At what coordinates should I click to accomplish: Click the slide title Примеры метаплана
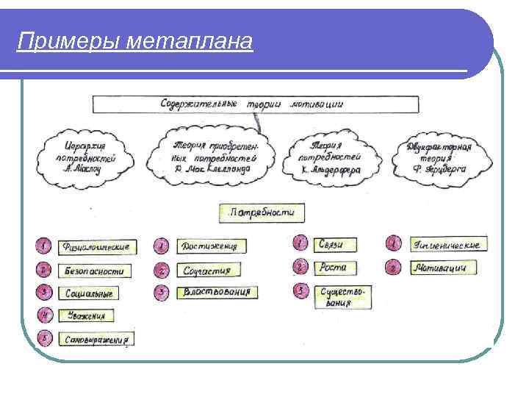[x=135, y=41]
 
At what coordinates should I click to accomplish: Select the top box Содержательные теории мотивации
[x=251, y=104]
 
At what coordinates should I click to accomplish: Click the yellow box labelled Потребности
[x=262, y=213]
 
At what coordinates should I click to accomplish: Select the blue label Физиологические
[x=96, y=246]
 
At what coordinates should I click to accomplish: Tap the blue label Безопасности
[x=95, y=271]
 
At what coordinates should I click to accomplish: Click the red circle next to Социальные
[x=45, y=293]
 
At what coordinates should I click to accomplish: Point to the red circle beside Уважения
[x=45, y=316]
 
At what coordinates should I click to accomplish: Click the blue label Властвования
[x=216, y=292]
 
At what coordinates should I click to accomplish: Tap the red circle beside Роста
[x=300, y=267]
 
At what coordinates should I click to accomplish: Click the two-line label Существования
[x=343, y=296]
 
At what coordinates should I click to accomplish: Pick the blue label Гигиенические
[x=447, y=244]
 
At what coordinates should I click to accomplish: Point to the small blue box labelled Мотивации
[x=438, y=268]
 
